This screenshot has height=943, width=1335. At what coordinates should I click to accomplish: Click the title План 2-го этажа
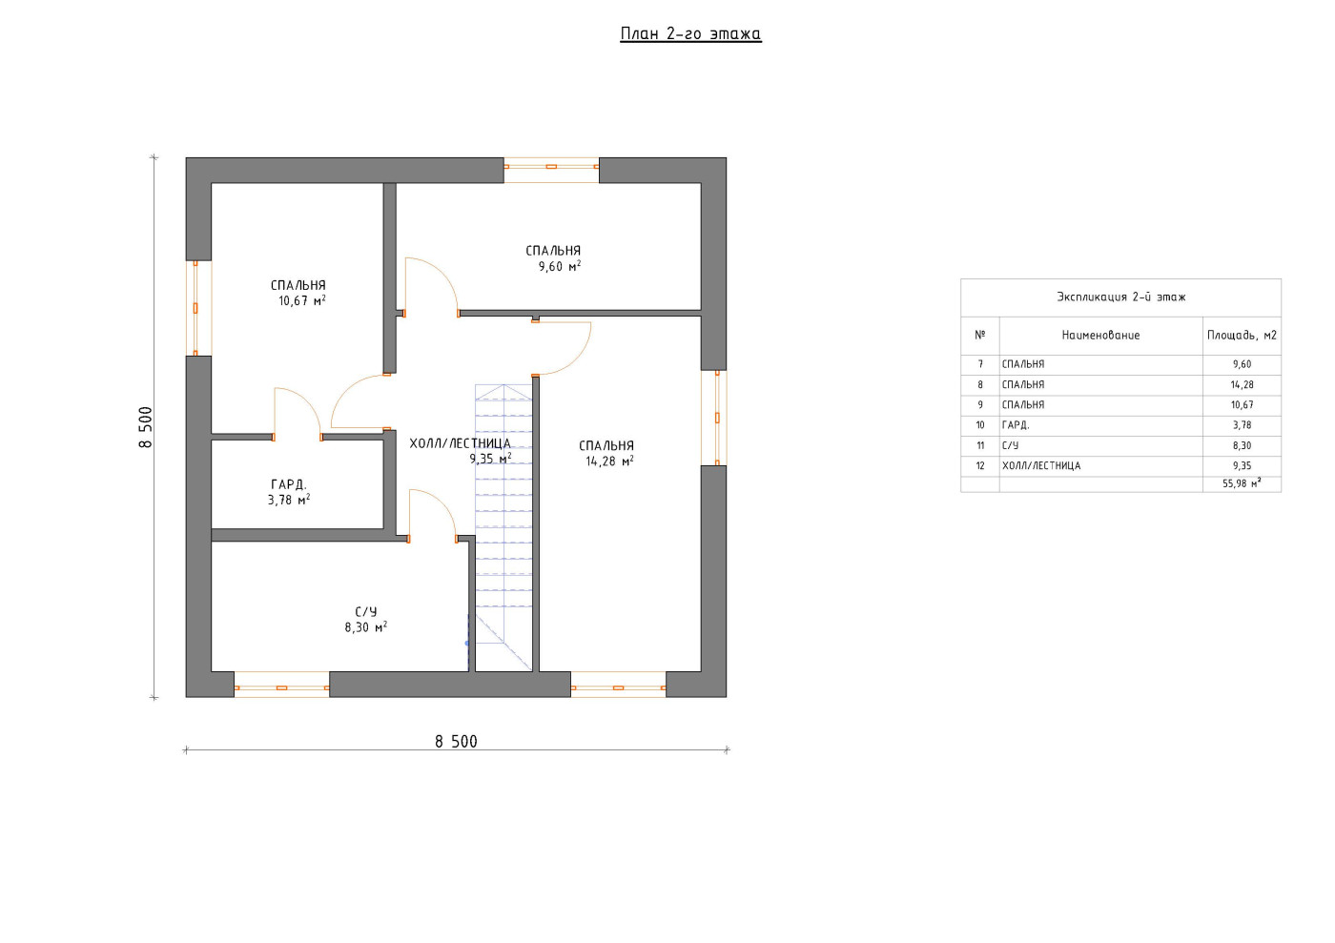click(x=690, y=33)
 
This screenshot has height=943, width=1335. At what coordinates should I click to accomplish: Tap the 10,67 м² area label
click(x=302, y=300)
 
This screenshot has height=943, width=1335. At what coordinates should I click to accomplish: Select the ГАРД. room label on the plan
click(x=288, y=484)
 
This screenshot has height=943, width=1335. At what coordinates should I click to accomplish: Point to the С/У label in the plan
click(x=366, y=611)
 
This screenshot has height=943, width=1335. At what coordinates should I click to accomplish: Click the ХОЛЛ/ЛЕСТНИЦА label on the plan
click(x=460, y=442)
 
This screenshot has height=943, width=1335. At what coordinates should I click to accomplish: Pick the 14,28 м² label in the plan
click(x=609, y=461)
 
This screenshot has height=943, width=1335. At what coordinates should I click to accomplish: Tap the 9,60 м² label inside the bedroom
click(x=560, y=266)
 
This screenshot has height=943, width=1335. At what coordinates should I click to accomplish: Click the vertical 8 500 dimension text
click(x=146, y=427)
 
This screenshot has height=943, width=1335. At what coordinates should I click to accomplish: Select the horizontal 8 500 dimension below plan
click(x=456, y=741)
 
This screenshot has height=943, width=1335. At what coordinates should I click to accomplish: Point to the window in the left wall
click(x=195, y=308)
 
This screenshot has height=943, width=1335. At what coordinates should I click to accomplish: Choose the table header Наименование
click(x=1100, y=335)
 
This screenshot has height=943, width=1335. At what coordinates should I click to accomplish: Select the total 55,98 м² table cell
click(x=1242, y=483)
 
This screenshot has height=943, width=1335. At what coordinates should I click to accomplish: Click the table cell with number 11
click(x=980, y=445)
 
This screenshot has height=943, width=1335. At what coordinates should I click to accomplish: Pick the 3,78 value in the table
click(x=1242, y=425)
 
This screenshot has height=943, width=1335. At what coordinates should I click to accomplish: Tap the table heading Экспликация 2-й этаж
click(x=1121, y=297)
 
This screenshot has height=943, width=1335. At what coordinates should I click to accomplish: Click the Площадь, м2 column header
click(x=1242, y=335)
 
